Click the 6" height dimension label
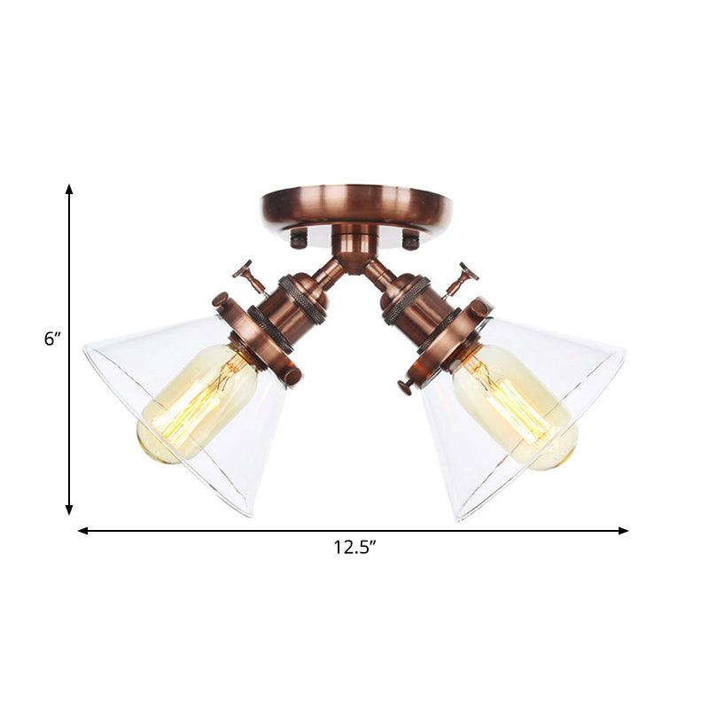click(54, 338)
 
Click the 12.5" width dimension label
click(354, 548)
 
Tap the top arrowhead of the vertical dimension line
click(69, 190)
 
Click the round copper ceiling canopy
click(355, 206)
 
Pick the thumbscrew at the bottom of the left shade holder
click(291, 378)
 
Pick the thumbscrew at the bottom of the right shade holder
click(407, 386)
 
